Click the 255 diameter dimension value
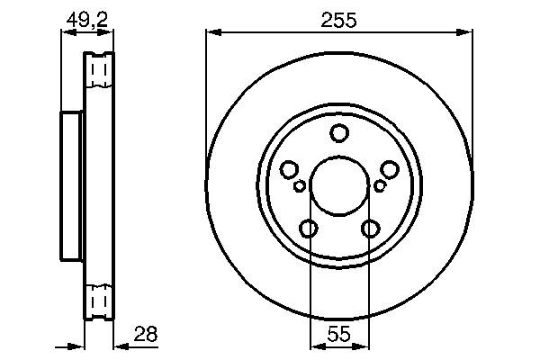click(339, 17)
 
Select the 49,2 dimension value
click(87, 17)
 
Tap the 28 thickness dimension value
click(144, 334)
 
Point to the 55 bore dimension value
click(339, 335)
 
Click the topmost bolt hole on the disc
click(339, 134)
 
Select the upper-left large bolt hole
click(290, 169)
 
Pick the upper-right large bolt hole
click(390, 169)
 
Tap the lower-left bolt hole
click(309, 229)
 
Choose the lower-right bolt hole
click(370, 229)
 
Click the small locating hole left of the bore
click(300, 186)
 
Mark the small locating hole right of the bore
click(380, 186)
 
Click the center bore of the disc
click(339, 186)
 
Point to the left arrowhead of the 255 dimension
click(211, 33)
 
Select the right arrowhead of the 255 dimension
click(467, 33)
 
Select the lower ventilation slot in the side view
click(99, 300)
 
